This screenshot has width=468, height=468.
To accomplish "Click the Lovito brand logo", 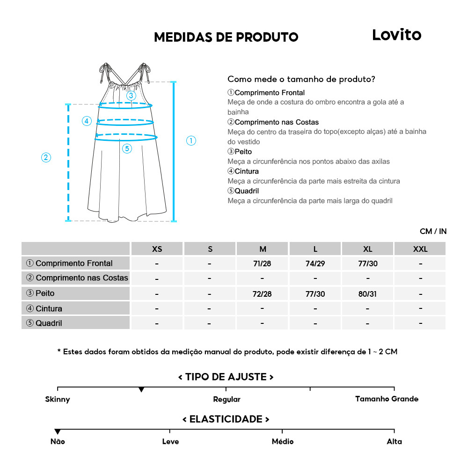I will (x=396, y=35).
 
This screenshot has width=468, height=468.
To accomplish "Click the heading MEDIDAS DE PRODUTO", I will (x=226, y=37).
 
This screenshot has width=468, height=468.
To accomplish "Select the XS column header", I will (x=157, y=249).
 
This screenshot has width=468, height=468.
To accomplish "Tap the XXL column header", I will (x=420, y=249).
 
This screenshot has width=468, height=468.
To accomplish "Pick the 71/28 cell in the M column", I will (x=262, y=263).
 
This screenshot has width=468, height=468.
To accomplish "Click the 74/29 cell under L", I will (x=315, y=263).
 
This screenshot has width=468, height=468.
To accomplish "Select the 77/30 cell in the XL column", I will (x=368, y=263).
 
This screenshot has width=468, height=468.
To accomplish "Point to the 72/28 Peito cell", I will (x=262, y=294).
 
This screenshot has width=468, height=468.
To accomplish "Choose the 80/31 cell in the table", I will (x=368, y=294).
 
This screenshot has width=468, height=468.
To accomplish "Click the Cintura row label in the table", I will (x=44, y=308).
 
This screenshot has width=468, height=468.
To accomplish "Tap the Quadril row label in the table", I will (x=44, y=323).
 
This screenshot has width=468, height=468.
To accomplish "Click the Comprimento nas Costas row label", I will (x=77, y=278).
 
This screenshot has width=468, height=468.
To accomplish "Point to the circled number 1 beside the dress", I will (x=191, y=140).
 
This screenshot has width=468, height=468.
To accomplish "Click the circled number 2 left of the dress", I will (x=46, y=157).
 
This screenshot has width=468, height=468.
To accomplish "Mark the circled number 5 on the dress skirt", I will (x=127, y=149).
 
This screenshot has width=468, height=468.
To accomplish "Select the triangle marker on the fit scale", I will (x=141, y=390).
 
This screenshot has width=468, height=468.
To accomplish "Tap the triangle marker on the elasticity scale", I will (x=58, y=431).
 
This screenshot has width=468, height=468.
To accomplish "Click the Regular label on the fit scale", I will (x=227, y=400).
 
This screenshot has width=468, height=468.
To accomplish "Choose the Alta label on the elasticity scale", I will (x=394, y=441).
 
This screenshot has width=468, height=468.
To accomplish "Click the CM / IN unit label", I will (x=433, y=231).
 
